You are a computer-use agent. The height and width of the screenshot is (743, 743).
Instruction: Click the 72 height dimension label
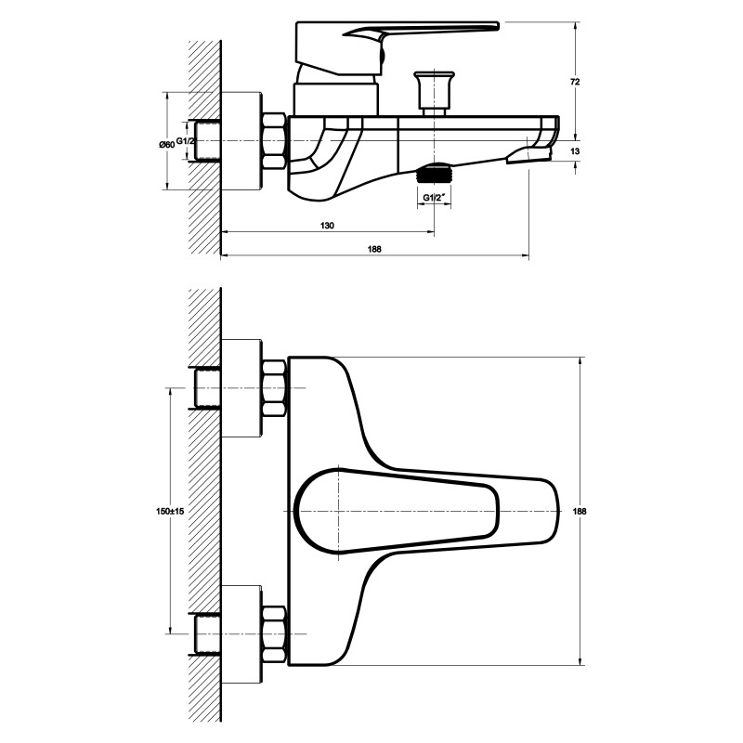[575, 82]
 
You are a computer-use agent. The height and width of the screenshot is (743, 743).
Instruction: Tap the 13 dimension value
[575, 151]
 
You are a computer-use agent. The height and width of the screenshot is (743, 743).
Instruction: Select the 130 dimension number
[327, 226]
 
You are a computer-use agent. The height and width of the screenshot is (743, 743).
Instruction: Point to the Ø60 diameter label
[167, 144]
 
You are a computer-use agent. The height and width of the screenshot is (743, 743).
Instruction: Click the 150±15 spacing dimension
[170, 512]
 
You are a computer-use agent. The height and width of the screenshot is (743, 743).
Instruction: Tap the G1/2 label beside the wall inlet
[185, 141]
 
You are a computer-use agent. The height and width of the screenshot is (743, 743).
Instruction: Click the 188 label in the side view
[374, 249]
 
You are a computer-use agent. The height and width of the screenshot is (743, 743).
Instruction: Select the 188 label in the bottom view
[580, 512]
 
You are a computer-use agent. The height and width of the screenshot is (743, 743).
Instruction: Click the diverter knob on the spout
[434, 93]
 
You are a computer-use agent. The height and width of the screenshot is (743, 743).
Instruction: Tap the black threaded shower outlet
[434, 173]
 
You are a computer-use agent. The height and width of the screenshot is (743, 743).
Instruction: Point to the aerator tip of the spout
[529, 155]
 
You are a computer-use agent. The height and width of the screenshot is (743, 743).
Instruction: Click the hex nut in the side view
[273, 141]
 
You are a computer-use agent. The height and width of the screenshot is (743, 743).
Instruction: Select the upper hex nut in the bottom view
[274, 388]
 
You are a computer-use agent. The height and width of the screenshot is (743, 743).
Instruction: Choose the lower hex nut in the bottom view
[274, 634]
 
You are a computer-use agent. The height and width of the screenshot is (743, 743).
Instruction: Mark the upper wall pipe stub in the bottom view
[205, 388]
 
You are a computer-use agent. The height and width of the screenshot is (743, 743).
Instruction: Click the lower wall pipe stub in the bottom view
[205, 634]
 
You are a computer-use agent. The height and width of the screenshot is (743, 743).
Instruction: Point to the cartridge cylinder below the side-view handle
[336, 99]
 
